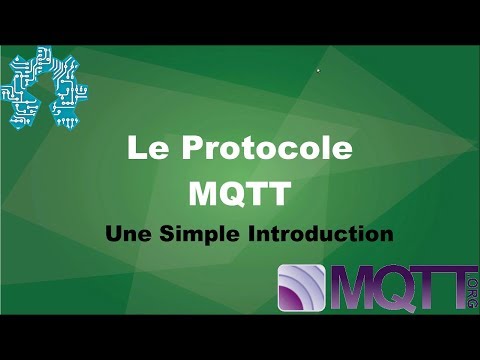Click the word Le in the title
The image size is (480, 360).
point(144,150)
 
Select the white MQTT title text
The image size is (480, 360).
point(239,191)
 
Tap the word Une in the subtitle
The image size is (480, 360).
point(131,235)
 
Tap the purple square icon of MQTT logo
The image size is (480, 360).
point(304,290)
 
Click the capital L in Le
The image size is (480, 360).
point(134,150)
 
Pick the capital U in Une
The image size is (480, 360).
point(114,235)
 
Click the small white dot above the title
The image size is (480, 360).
point(318,70)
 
